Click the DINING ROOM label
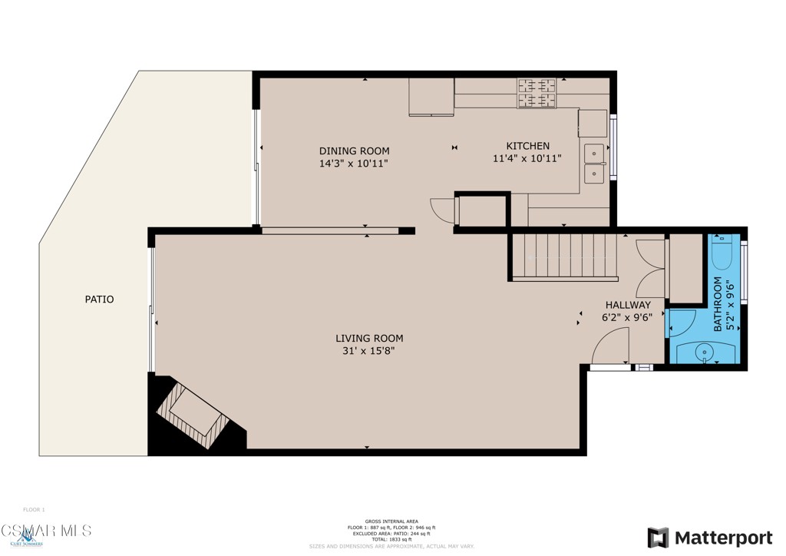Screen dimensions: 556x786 [354, 151]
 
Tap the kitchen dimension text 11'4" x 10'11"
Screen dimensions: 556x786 [527, 159]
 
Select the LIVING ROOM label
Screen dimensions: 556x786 [369, 338]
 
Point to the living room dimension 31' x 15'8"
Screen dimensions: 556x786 [369, 351]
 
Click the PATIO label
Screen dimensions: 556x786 [99, 300]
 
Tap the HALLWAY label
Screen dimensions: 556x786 [627, 305]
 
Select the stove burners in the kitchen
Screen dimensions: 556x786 [537, 92]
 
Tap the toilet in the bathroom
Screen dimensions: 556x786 [723, 250]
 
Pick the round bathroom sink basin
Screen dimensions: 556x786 [704, 352]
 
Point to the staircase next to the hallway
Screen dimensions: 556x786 [565, 256]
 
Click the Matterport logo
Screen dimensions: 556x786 [709, 537]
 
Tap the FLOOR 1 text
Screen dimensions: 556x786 [34, 509]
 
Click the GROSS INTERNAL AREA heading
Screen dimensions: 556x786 [392, 521]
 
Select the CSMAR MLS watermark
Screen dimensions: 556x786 [46, 531]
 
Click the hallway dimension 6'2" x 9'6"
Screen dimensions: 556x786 [627, 317]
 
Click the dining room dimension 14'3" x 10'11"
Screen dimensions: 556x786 [354, 164]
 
